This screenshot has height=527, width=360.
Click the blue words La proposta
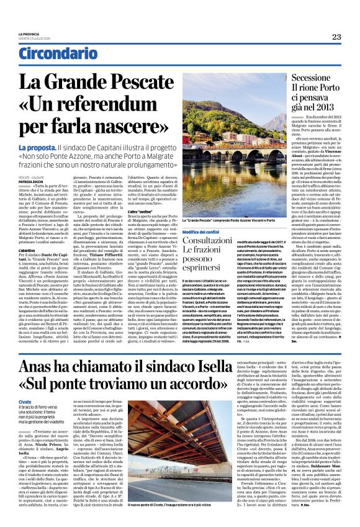pyautogui.click(x=37, y=146)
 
